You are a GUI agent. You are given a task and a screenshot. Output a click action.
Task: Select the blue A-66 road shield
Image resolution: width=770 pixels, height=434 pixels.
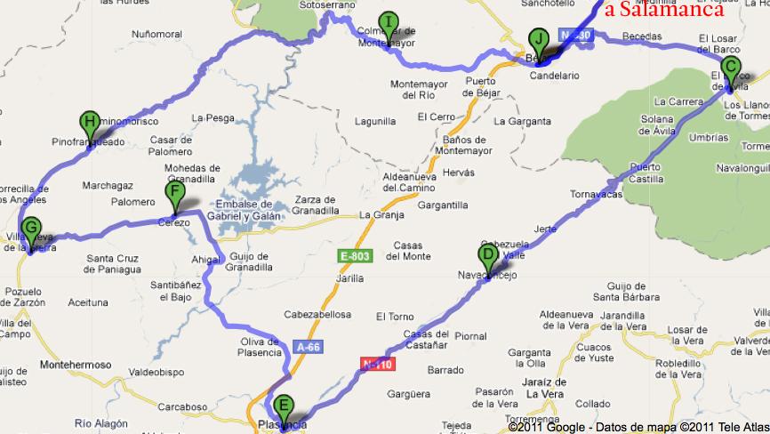tap(307, 347)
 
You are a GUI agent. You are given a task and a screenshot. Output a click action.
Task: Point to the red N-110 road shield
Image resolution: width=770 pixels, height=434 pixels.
tap(376, 364)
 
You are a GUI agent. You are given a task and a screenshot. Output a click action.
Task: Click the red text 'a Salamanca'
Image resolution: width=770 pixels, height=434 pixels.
tap(671, 11)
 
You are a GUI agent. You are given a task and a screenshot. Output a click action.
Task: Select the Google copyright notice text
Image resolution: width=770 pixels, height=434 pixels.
tap(636, 427)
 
